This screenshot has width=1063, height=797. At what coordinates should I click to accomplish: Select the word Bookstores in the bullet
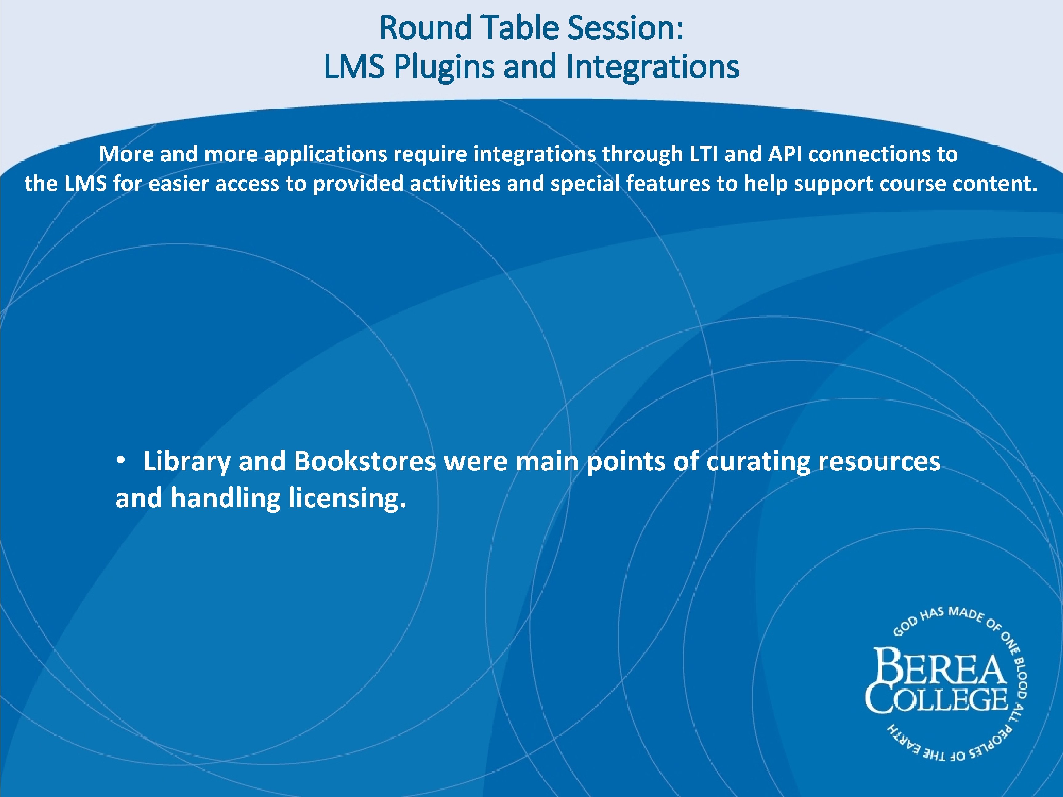pyautogui.click(x=365, y=461)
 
